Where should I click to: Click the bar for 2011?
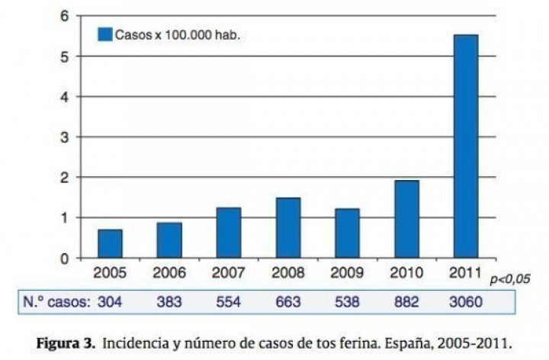(465, 146)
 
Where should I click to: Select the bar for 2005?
(110, 243)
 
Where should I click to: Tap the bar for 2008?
(288, 227)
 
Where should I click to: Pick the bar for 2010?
(406, 219)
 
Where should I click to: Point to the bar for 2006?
(169, 240)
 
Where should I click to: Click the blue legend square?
(104, 34)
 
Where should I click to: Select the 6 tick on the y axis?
(65, 16)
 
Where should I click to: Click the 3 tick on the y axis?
(65, 137)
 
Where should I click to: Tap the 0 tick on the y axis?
(65, 259)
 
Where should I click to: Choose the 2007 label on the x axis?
(229, 273)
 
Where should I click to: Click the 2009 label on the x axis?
(347, 273)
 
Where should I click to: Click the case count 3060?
(466, 302)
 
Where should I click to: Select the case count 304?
(109, 302)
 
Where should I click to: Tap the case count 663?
(287, 302)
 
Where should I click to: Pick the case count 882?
(406, 302)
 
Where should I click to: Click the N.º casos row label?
(53, 302)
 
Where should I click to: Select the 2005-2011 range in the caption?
(477, 342)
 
